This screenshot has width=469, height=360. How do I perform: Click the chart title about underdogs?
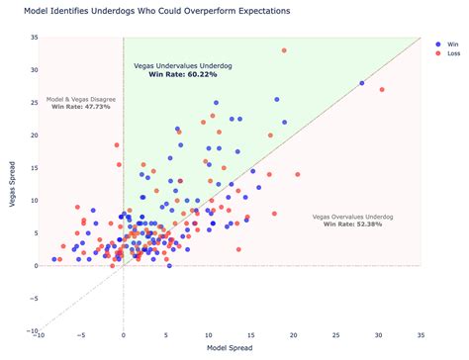(157, 11)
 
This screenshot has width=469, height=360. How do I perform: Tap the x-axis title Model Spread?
(230, 348)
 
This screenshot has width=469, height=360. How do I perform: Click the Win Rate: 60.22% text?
(183, 74)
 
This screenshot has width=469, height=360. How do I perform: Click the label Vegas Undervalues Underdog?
(183, 65)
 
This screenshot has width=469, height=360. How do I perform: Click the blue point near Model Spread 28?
(362, 83)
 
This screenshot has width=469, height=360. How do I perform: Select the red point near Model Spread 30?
(381, 90)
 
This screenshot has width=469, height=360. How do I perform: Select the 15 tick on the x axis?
(251, 337)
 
